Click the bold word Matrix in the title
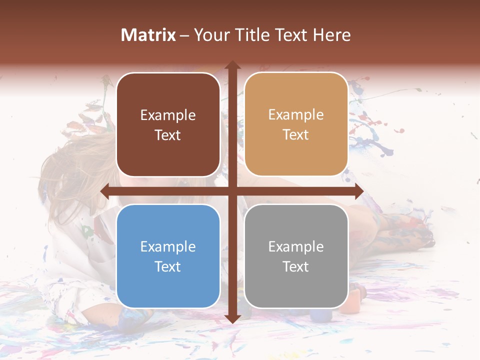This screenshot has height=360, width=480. click(148, 35)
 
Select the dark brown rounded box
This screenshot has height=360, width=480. click(168, 124)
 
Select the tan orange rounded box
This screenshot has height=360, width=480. click(296, 124)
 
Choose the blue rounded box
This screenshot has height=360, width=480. click(168, 256)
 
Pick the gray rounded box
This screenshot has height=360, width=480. click(296, 256)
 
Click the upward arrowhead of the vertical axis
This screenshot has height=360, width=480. click(232, 65)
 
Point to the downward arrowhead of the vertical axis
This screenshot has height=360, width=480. click(232, 318)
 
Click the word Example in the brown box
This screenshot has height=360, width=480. click(168, 115)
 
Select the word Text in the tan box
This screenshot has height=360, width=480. click(296, 135)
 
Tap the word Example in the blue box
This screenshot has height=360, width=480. click(168, 247)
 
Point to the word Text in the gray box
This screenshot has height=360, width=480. click(296, 266)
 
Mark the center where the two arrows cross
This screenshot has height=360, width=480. click(232, 191)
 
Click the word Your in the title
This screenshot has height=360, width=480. click(208, 35)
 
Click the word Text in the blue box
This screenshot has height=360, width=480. click(168, 266)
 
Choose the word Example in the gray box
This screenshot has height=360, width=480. click(296, 247)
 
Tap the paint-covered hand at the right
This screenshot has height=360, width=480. click(405, 232)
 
